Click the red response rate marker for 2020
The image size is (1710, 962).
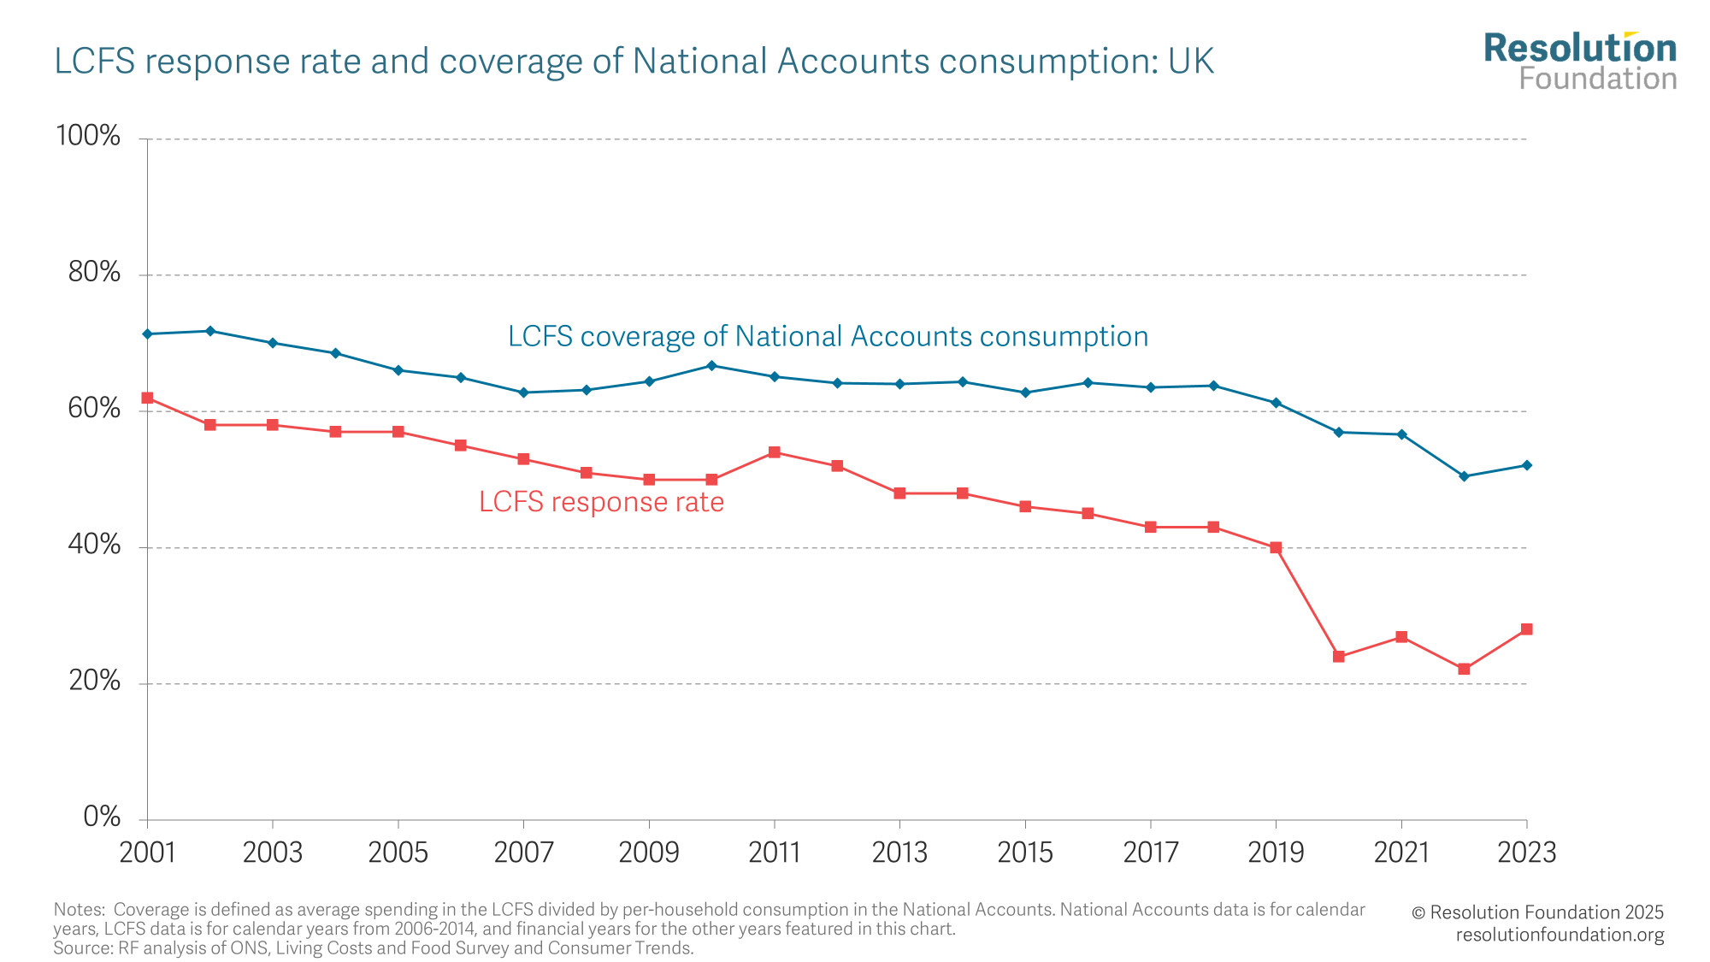point(1339,657)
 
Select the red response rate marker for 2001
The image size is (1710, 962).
point(147,398)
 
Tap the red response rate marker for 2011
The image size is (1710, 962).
point(775,452)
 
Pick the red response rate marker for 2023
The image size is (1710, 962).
point(1527,629)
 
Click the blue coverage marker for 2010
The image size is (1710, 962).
point(711,366)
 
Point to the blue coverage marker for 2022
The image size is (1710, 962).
point(1464,476)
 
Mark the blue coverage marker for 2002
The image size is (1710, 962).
point(210,331)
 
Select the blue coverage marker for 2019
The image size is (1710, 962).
point(1276,403)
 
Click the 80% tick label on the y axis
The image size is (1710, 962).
point(94,273)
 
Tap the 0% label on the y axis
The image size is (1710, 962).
point(102,817)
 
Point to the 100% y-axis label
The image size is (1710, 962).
point(88,136)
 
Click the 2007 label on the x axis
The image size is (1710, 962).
point(523,853)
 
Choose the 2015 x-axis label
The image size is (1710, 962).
point(1025,853)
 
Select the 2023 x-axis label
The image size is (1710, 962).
point(1527,853)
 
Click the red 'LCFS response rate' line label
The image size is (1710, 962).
point(601,502)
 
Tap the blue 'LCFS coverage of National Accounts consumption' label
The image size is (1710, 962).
point(828,337)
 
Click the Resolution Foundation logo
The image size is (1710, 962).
point(1580,62)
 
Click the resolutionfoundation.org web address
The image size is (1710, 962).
point(1560,935)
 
